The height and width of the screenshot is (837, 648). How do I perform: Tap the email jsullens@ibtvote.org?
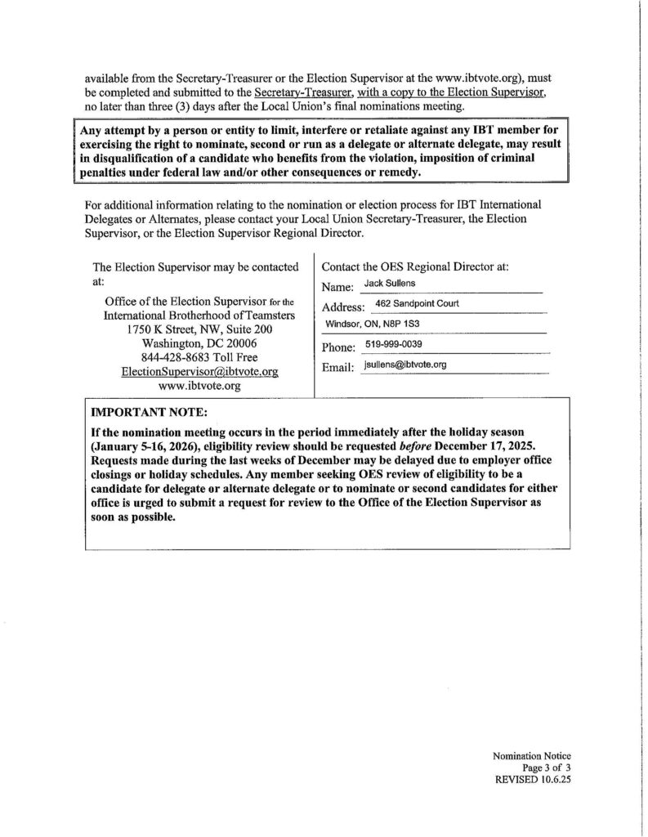pyautogui.click(x=404, y=365)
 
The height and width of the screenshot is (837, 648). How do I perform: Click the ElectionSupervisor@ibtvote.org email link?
pyautogui.click(x=199, y=371)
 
